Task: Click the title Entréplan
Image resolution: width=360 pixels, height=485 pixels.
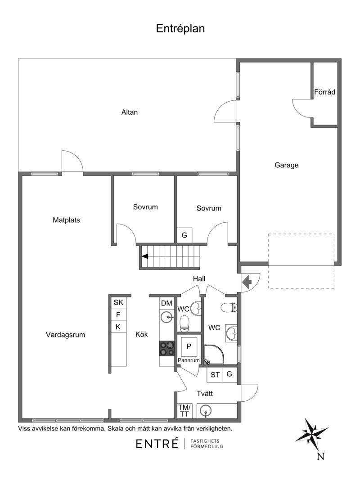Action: click(180, 28)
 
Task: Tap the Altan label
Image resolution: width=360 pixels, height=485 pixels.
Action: click(129, 112)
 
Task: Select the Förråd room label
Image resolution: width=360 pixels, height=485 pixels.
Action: click(324, 92)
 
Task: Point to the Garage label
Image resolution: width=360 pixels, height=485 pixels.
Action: click(286, 165)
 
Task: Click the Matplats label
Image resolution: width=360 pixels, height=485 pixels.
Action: click(66, 220)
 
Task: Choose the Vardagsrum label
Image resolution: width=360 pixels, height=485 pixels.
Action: click(65, 335)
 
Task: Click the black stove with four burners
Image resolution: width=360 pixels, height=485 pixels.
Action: click(167, 349)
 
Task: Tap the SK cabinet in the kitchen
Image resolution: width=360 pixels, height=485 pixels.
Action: click(118, 302)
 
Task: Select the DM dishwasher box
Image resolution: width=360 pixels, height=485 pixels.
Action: click(166, 303)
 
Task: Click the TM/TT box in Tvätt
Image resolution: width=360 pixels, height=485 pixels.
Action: click(184, 411)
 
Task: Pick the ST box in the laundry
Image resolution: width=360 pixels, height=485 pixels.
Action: click(215, 375)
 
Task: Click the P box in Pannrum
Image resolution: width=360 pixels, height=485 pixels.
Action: click(189, 346)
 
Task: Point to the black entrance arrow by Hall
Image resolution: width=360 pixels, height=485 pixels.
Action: click(247, 282)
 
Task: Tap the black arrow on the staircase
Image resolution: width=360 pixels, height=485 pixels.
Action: click(145, 256)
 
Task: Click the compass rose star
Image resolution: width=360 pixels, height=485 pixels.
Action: click(311, 435)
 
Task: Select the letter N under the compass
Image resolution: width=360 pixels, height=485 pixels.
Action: click(320, 457)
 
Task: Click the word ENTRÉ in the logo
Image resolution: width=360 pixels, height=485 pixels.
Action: click(157, 444)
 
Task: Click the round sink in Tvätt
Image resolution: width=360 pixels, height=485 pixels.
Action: click(205, 411)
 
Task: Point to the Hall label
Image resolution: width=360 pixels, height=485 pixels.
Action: click(199, 278)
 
